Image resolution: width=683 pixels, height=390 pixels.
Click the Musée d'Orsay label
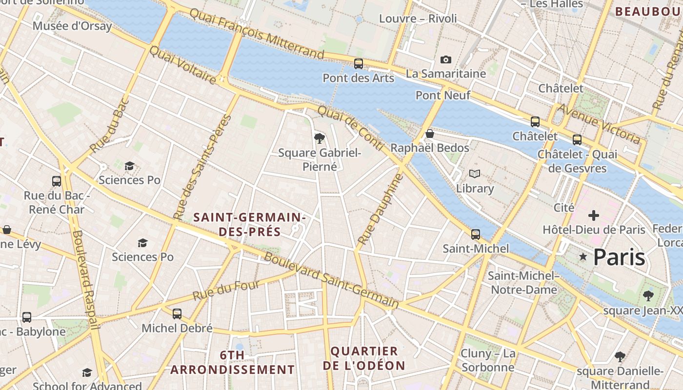72,26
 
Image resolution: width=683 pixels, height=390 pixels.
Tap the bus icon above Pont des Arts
359,63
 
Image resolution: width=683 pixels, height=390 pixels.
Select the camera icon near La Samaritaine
445,59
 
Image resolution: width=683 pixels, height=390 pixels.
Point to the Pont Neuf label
442,95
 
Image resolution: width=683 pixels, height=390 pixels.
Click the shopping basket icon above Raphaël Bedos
430,134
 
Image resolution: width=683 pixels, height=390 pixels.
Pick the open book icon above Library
475,174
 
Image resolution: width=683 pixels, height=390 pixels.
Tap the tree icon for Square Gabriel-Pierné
320,138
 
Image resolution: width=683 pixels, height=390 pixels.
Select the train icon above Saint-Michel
476,234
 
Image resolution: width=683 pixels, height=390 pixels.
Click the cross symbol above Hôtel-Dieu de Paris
594,215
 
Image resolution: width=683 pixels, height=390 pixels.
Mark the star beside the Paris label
583,256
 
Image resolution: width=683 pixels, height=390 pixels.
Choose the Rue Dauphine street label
374,210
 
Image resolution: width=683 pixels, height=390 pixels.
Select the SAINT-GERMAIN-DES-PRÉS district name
250,224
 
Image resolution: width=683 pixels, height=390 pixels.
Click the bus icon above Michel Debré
177,313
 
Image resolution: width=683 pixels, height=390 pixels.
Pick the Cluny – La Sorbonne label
488,360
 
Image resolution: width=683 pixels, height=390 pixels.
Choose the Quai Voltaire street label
182,65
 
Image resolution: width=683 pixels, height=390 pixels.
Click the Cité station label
563,208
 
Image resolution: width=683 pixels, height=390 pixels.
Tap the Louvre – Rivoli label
418,19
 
